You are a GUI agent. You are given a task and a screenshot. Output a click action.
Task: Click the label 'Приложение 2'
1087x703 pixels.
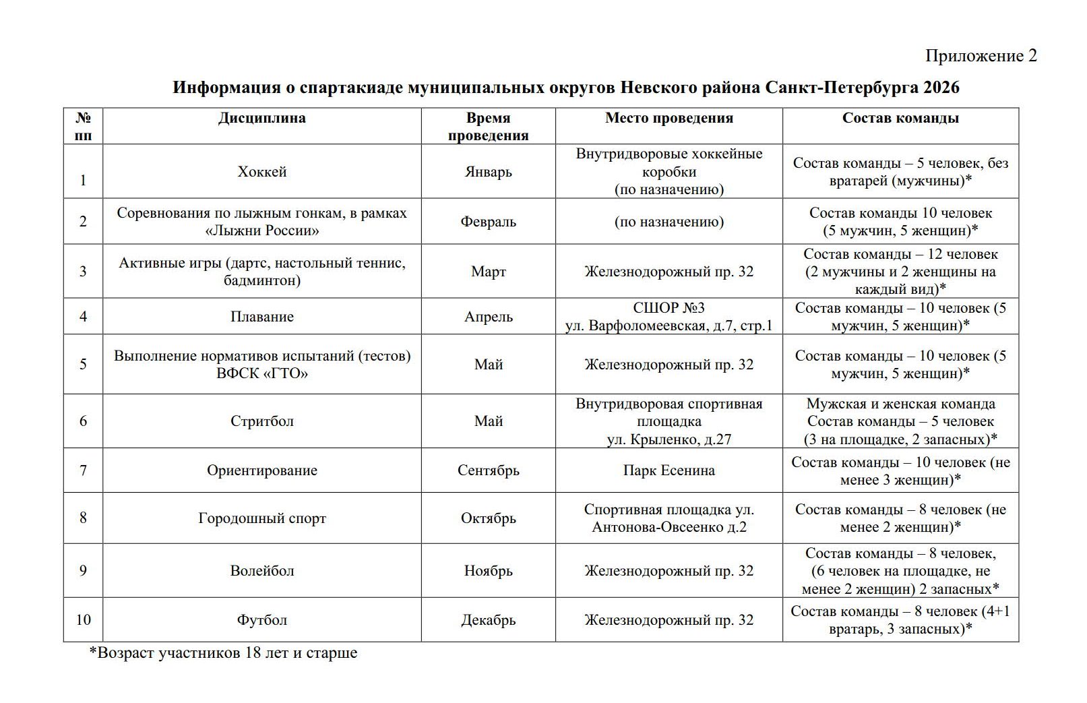(981, 56)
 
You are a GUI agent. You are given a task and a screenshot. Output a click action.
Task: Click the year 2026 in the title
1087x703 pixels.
(941, 88)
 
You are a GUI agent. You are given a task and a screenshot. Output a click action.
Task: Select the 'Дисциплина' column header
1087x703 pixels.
(261, 118)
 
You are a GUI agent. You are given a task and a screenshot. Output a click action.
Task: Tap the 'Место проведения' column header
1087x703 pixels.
(669, 118)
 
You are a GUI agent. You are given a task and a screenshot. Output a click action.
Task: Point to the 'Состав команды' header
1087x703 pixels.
(900, 118)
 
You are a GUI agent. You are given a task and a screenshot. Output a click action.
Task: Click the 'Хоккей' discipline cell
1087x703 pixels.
(261, 172)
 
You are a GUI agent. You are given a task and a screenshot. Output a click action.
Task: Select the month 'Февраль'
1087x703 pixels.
(488, 222)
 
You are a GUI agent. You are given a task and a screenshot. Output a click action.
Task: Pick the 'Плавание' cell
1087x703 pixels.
(261, 317)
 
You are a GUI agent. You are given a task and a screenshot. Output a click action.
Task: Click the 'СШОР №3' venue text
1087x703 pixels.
(669, 308)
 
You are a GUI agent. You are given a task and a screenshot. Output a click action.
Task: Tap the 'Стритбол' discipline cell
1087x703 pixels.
(261, 421)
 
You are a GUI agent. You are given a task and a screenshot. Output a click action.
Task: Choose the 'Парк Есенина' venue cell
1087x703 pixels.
(669, 470)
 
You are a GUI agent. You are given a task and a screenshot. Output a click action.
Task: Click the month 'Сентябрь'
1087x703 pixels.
(488, 470)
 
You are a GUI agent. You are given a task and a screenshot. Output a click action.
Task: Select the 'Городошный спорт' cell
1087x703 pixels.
(261, 518)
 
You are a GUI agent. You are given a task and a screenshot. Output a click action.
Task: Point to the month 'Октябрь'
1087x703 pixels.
(488, 518)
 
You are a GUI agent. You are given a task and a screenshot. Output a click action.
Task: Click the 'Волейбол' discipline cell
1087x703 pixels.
(261, 571)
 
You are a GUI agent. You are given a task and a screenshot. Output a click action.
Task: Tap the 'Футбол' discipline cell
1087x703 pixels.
(261, 620)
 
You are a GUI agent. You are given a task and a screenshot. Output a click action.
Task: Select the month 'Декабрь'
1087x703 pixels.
(488, 620)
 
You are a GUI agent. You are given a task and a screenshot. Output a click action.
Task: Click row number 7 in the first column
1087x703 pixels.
(83, 470)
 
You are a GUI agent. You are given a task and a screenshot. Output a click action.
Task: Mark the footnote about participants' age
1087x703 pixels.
(223, 653)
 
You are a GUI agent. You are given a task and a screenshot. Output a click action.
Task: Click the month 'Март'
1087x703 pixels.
(488, 272)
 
